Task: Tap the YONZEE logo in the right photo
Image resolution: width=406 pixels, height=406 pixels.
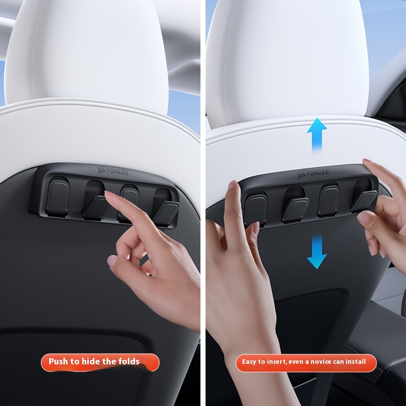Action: [x=313, y=174]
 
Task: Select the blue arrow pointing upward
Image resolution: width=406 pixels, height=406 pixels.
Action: [x=317, y=134]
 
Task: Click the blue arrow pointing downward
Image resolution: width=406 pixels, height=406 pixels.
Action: [x=317, y=251]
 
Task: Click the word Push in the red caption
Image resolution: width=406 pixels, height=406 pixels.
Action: [x=58, y=362]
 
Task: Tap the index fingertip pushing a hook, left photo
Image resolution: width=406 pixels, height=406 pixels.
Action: [x=109, y=194]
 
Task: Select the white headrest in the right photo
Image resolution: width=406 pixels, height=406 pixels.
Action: [x=287, y=61]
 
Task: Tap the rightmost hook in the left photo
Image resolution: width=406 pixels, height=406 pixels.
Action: [x=166, y=207]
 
